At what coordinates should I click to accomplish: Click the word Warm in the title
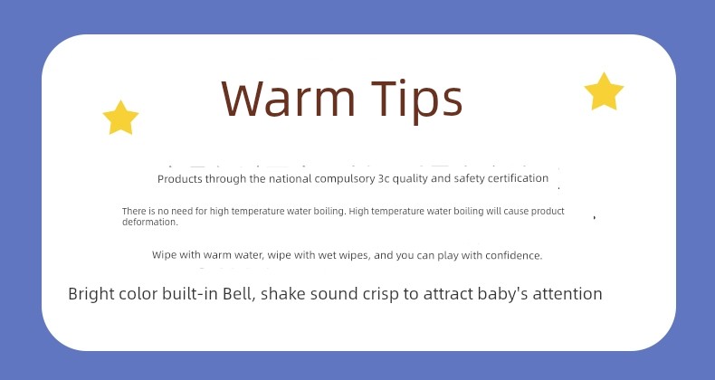(288, 99)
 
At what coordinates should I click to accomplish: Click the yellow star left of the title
(120, 118)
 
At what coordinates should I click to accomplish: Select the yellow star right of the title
(604, 91)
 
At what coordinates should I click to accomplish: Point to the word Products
(180, 179)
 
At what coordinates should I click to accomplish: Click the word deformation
(150, 223)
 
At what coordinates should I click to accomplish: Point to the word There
(134, 212)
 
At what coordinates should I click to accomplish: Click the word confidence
(513, 256)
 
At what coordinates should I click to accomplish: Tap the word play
(448, 256)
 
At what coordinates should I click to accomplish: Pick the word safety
(469, 178)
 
